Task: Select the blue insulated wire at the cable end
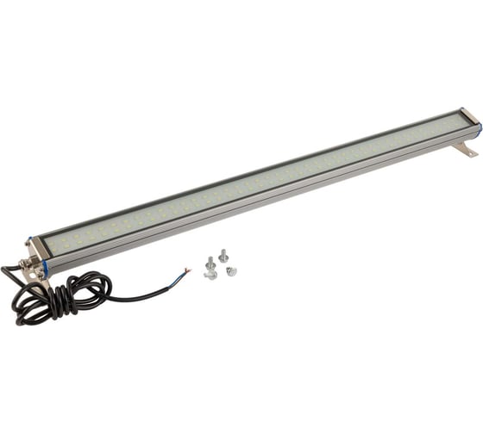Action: tap(179, 275)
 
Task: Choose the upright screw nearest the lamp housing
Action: tap(223, 255)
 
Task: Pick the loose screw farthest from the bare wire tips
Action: tap(230, 271)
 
